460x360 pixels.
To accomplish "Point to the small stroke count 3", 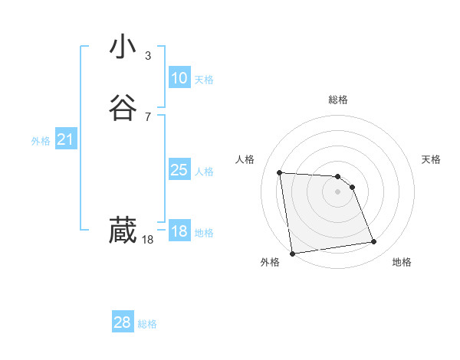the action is [147, 56].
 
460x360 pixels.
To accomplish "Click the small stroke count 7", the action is [147, 116].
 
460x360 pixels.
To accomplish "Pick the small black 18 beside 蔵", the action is [147, 240].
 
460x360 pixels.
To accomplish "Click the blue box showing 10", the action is [179, 78].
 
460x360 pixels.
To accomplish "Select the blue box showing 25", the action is [179, 170].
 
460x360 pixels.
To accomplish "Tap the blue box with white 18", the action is [179, 231].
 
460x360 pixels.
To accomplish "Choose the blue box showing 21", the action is [65, 139].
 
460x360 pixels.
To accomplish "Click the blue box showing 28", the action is [123, 322].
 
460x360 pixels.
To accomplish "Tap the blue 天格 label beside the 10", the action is [203, 80].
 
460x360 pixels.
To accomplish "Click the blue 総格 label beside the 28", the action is [147, 324].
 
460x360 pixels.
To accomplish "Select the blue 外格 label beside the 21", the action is [41, 141].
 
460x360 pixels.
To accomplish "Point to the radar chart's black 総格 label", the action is [338, 100].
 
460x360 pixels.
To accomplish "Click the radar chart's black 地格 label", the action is [402, 262].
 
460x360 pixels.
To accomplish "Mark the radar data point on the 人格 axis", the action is [280, 172].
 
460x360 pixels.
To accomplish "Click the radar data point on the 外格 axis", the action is [292, 253].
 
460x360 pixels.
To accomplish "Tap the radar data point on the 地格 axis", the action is [374, 242].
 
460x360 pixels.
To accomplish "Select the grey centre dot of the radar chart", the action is [338, 191].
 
